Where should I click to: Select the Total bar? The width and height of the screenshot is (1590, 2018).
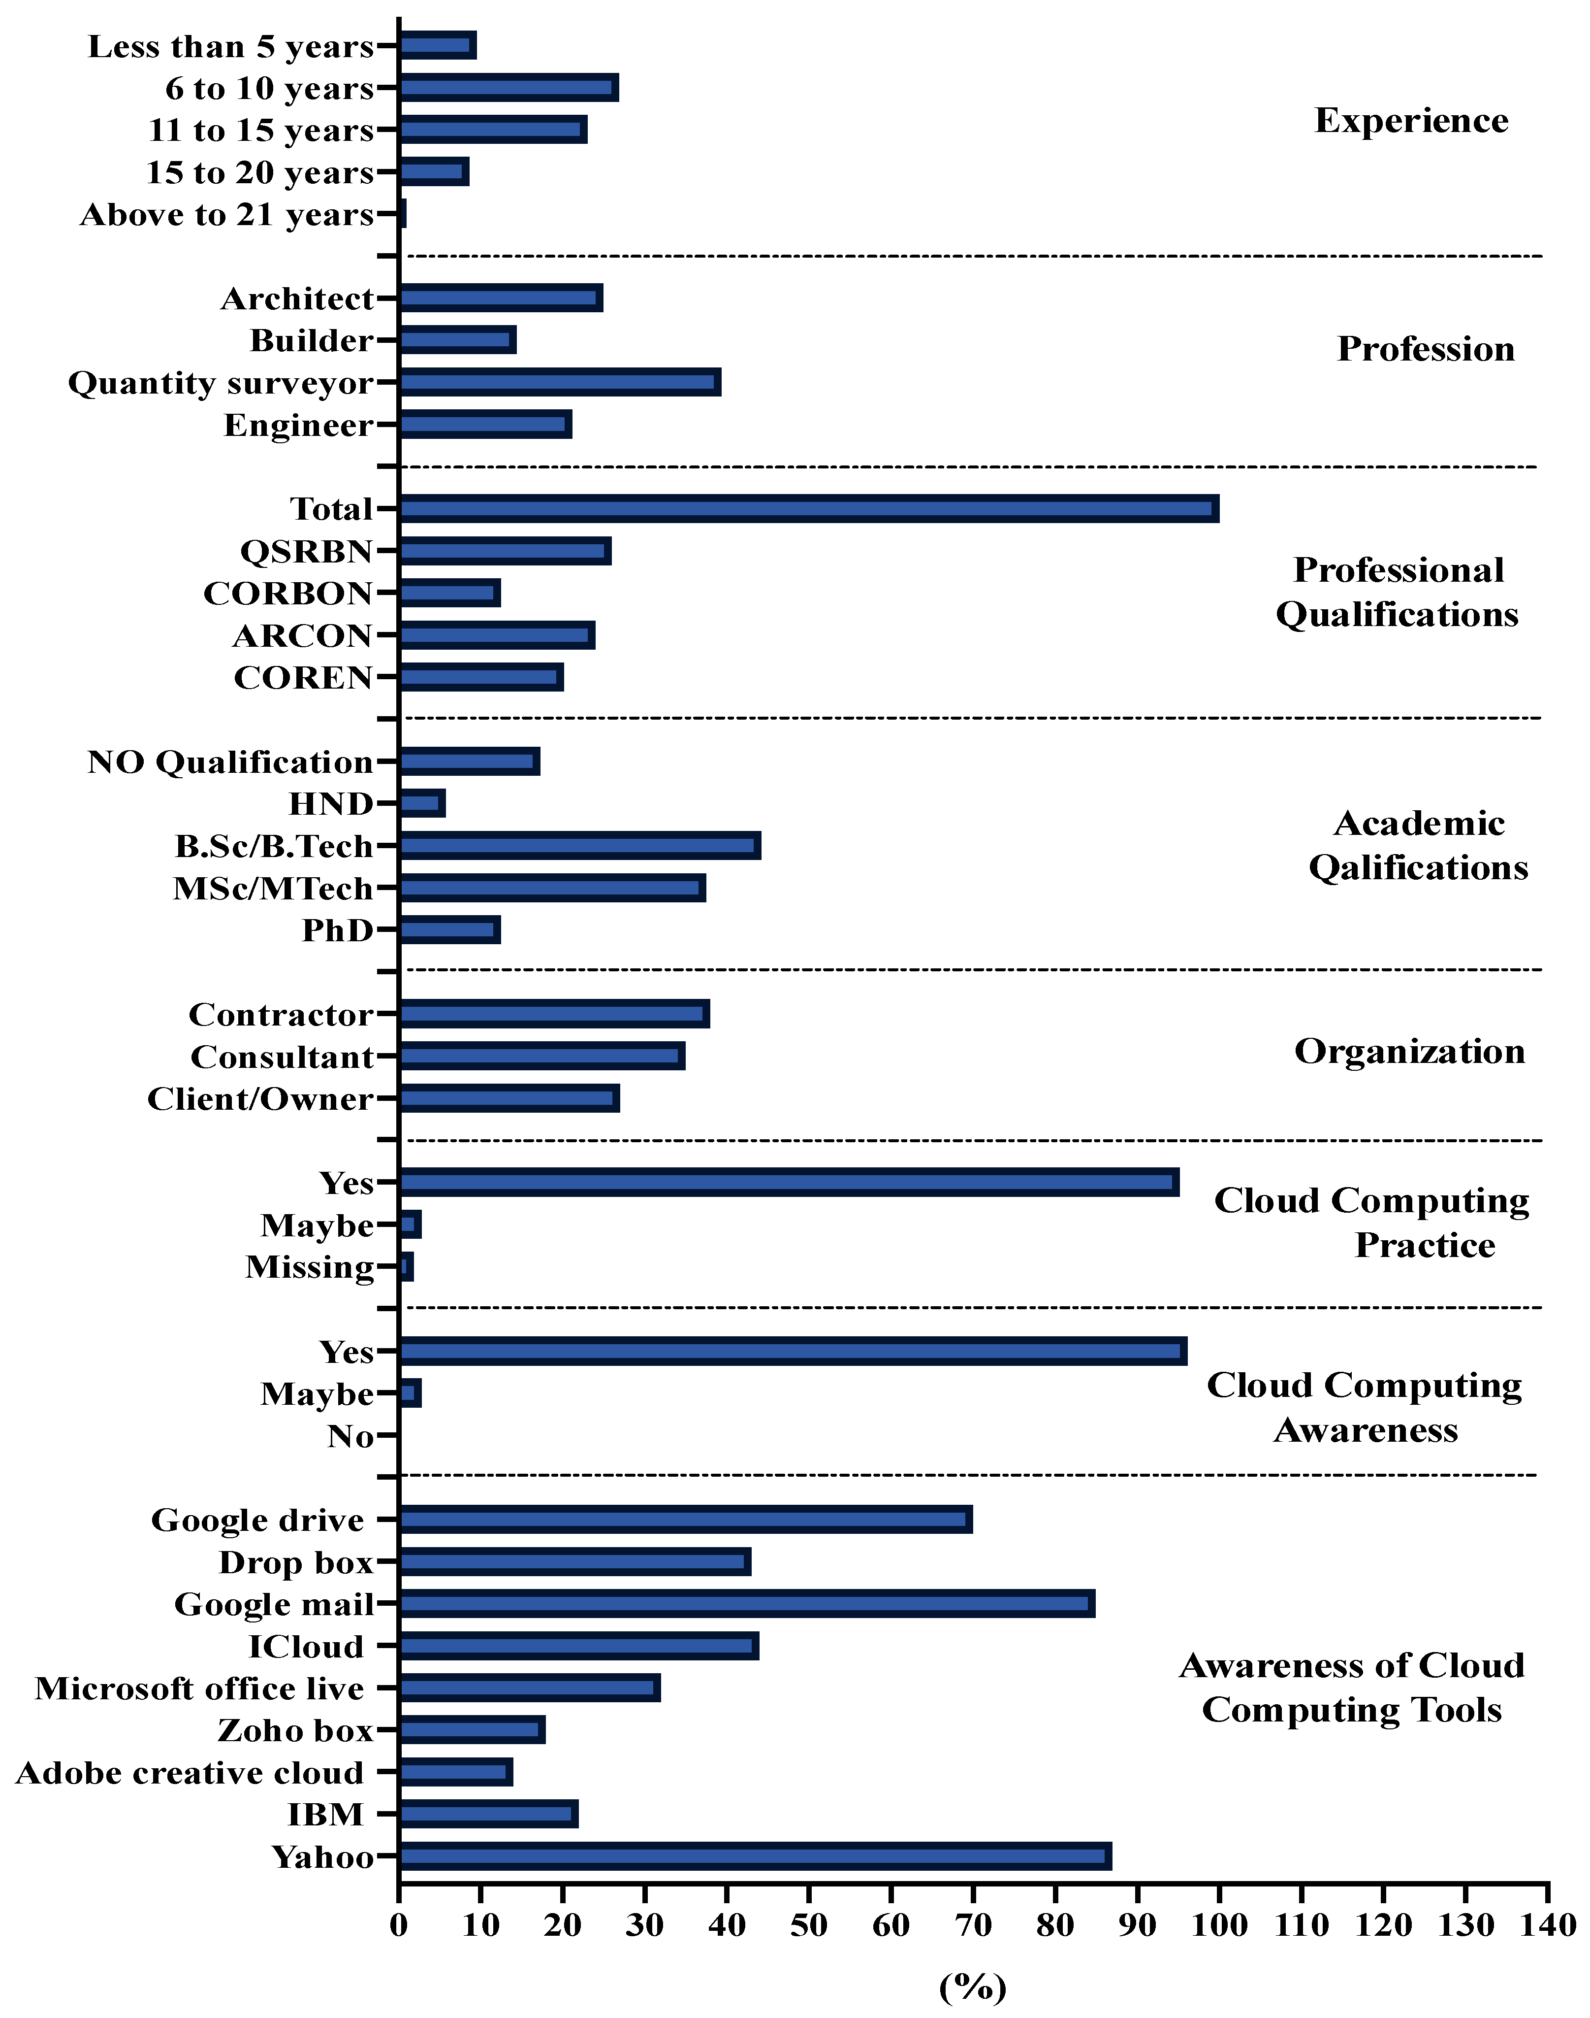[x=808, y=508]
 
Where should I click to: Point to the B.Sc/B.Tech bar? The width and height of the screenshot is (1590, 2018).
[x=579, y=846]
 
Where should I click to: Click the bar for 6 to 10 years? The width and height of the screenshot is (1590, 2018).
[x=509, y=89]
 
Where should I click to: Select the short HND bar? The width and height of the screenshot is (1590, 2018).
[x=422, y=803]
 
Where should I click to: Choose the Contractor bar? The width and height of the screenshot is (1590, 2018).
[x=554, y=1013]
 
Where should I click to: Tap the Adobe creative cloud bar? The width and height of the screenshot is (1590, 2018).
[x=455, y=1772]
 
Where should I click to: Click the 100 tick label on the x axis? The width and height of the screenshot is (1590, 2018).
[x=1218, y=1925]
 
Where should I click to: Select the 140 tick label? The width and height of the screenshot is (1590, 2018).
[x=1547, y=1925]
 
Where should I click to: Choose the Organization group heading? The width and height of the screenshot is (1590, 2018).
[x=1409, y=1052]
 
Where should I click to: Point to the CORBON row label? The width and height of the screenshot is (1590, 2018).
[x=287, y=593]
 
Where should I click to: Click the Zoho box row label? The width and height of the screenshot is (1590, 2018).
[x=295, y=1730]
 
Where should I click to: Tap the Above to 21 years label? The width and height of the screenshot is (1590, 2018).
[x=227, y=215]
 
